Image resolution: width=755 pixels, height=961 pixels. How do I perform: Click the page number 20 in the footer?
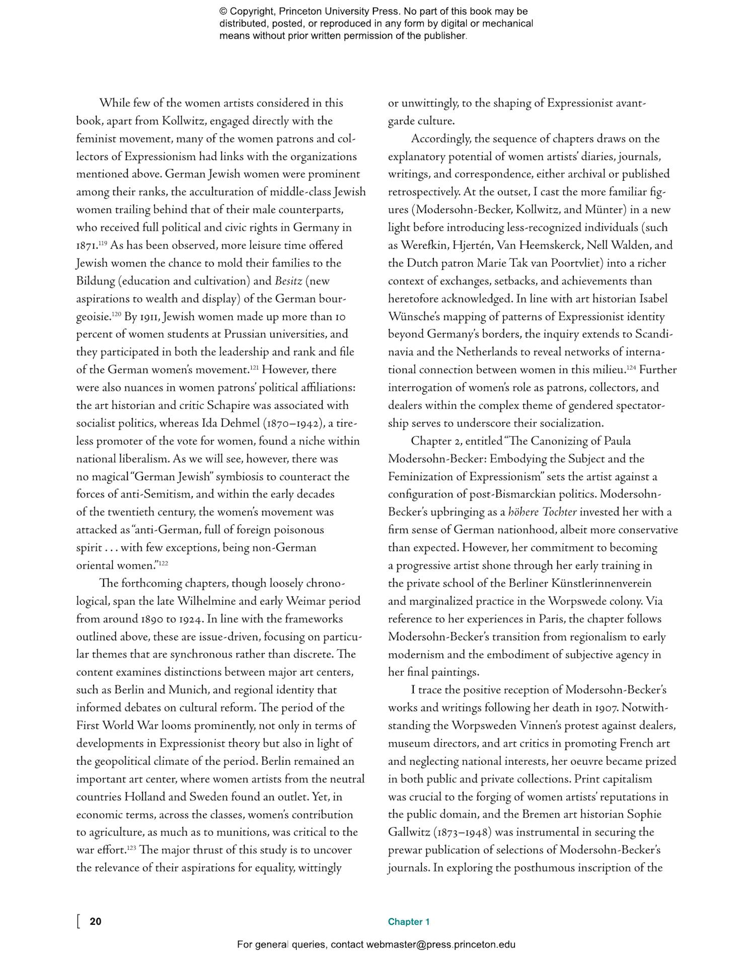pyautogui.click(x=95, y=921)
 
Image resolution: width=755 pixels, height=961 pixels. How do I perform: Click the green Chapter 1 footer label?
pyautogui.click(x=408, y=922)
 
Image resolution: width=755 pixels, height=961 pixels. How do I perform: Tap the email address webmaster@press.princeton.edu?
pyautogui.click(x=440, y=944)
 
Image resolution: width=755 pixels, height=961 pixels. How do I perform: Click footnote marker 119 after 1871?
pyautogui.click(x=103, y=243)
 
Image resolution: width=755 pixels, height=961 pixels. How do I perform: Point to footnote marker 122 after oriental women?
pyautogui.click(x=164, y=563)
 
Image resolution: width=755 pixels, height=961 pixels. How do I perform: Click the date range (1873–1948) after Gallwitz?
pyautogui.click(x=461, y=833)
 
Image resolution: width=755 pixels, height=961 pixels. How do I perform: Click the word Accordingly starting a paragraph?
pyautogui.click(x=440, y=139)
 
